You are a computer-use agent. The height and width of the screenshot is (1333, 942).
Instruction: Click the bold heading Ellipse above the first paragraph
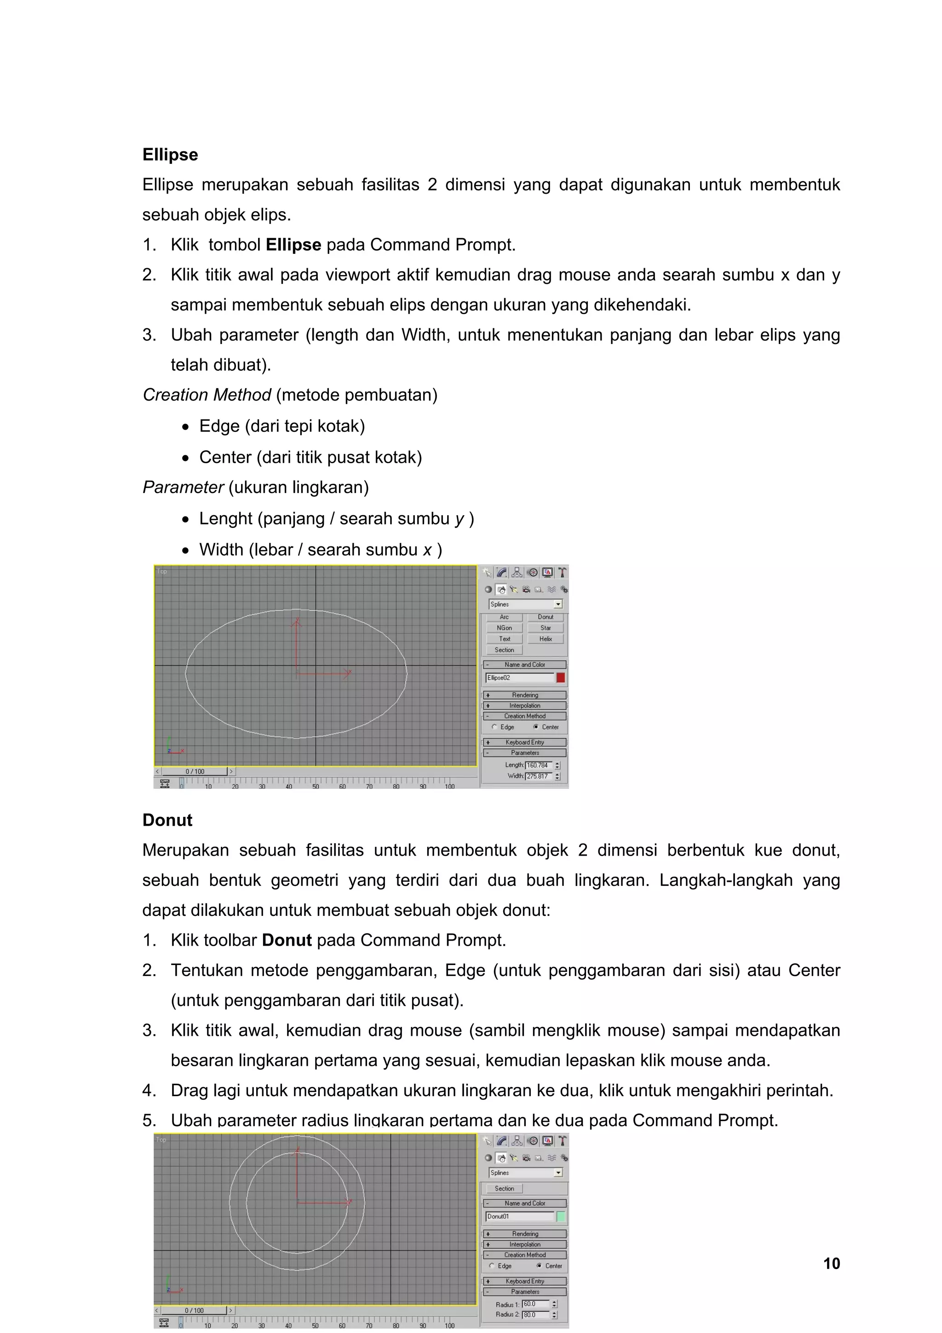point(170,155)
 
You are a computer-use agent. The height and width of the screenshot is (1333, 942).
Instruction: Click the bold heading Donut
point(167,820)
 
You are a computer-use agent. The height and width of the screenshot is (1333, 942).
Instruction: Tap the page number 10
point(831,1264)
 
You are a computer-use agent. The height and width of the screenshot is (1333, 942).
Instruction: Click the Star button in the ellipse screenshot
point(545,627)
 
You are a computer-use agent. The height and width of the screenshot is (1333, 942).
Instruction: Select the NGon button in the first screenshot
point(504,627)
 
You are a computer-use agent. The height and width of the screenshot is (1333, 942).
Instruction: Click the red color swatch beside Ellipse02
point(560,678)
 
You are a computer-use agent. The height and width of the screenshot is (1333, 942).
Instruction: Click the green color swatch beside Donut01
point(561,1216)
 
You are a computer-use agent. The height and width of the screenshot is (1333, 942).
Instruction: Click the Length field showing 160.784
point(539,765)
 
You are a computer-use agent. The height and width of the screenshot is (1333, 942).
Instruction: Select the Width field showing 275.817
point(539,776)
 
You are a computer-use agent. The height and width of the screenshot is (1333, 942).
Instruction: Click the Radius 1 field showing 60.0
point(535,1304)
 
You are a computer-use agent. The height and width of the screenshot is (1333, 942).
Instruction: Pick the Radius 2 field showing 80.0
point(535,1315)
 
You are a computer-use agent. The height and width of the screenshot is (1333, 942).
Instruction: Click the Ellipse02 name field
point(519,678)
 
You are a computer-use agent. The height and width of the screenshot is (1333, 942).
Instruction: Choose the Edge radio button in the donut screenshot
point(492,1266)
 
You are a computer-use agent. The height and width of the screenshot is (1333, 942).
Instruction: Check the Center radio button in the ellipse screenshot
point(536,727)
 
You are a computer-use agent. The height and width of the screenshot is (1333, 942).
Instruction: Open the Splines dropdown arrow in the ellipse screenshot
point(558,604)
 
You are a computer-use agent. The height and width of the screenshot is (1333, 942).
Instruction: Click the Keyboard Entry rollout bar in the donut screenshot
point(525,1281)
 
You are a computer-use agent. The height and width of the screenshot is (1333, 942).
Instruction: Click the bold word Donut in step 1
point(287,940)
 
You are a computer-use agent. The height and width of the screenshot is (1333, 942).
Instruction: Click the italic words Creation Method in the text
point(207,395)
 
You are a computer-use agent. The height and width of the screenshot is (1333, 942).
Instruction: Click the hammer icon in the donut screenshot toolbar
point(562,1141)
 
